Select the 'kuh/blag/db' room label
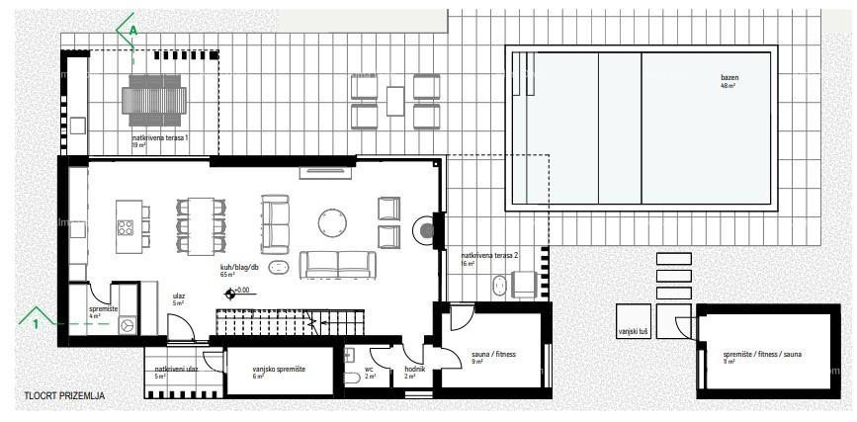240,267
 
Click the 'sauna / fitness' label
494,354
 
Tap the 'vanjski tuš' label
632,331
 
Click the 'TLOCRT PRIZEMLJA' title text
64,396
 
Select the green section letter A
133,31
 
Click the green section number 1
36,323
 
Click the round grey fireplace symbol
426,230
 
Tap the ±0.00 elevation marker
236,292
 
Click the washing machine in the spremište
127,325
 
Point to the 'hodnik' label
414,370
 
